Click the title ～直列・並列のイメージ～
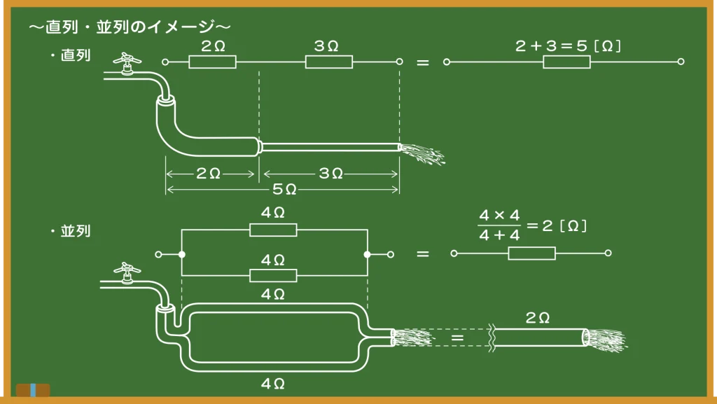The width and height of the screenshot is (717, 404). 130,27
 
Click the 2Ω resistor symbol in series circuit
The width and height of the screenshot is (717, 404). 212,62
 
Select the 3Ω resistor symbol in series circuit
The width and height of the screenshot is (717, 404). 328,62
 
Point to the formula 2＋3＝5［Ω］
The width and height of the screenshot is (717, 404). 569,46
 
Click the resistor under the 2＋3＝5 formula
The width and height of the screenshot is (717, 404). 566,62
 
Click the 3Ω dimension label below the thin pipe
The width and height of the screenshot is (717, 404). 330,173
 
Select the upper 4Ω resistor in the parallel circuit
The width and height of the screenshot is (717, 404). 273,230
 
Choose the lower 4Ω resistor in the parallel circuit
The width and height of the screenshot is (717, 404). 273,275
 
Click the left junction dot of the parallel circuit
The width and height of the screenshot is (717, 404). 181,254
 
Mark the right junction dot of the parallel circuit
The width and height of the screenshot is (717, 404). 366,254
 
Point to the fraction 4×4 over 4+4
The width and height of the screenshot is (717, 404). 499,226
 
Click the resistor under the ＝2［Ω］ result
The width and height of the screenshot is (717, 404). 531,253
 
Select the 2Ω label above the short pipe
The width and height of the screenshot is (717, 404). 538,318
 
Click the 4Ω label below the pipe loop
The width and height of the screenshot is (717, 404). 272,383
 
